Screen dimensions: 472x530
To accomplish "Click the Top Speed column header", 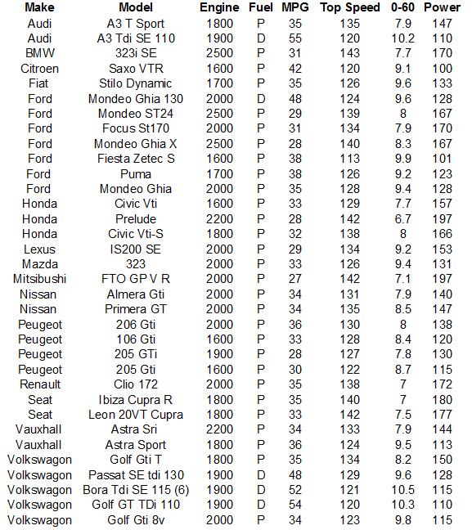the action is (x=350, y=7).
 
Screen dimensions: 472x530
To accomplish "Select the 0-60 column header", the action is (x=402, y=7).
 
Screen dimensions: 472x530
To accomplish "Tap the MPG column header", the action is (x=295, y=7).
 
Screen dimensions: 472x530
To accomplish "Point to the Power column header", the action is (x=443, y=7).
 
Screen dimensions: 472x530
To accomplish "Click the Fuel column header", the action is (x=261, y=7).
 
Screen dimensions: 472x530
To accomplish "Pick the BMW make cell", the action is (x=39, y=53).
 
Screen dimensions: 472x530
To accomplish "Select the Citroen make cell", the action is (x=39, y=68).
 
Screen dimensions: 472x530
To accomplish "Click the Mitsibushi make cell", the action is (x=39, y=279).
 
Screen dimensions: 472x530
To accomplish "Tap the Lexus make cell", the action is (x=39, y=249).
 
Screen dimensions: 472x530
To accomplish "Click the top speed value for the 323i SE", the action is (x=350, y=53).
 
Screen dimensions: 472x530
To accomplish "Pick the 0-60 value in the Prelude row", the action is (x=402, y=218).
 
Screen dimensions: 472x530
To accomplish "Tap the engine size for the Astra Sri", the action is (x=219, y=429).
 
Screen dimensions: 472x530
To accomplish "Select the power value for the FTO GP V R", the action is (x=443, y=279).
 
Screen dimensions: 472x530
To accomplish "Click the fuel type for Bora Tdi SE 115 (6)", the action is (x=261, y=490).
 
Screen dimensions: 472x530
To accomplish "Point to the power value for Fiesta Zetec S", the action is (x=443, y=159).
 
